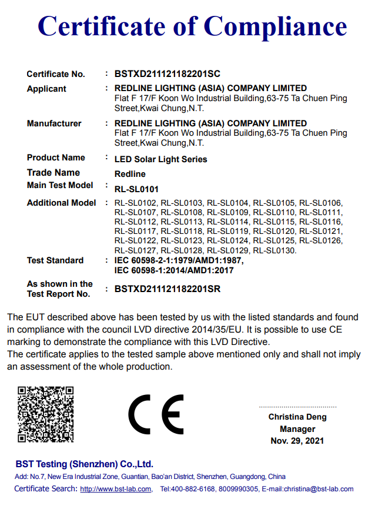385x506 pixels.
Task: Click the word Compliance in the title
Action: point(275,26)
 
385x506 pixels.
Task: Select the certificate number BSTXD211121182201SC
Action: point(168,74)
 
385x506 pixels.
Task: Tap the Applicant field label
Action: point(46,89)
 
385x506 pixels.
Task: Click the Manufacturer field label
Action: point(54,123)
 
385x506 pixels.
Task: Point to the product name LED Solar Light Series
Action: point(160,159)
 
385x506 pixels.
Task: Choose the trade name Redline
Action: point(130,174)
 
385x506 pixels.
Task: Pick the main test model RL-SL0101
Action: point(136,189)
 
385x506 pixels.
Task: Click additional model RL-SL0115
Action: point(274,222)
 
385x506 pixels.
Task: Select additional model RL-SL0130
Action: point(274,250)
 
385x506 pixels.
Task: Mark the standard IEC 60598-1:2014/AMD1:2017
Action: point(174,270)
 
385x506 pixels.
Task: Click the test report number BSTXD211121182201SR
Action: point(168,289)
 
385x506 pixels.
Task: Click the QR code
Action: point(45,414)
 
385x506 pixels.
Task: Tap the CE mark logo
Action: point(156,414)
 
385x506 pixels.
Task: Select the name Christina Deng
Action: point(297,417)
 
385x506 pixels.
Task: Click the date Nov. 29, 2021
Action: point(297,441)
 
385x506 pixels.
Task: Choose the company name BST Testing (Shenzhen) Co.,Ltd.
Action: point(84,464)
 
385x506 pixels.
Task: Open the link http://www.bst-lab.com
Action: point(116,489)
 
